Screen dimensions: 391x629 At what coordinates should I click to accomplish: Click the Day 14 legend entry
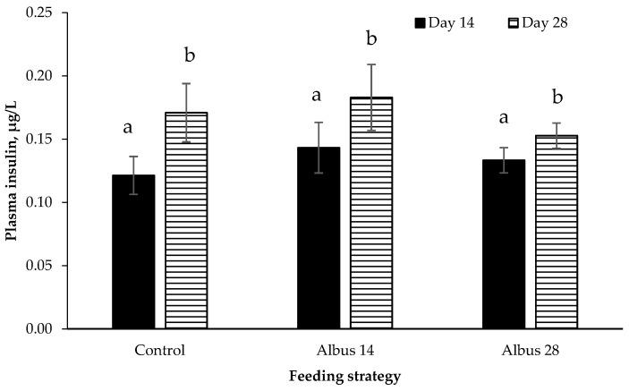[x=445, y=22]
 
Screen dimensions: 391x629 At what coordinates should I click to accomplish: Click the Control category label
[x=160, y=350]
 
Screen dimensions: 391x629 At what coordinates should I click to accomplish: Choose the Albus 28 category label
[x=531, y=350]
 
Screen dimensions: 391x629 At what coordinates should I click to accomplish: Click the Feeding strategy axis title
[x=344, y=378]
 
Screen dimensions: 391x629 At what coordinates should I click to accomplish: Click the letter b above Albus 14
[x=371, y=38]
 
